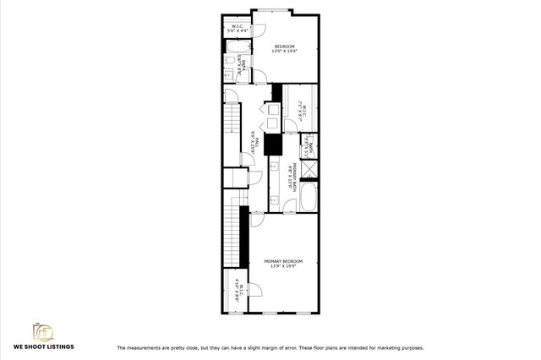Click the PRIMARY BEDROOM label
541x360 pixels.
pyautogui.click(x=282, y=261)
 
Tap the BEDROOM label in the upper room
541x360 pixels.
pyautogui.click(x=283, y=46)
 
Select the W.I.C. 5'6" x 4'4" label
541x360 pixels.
pyautogui.click(x=238, y=29)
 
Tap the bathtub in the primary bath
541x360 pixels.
pyautogui.click(x=309, y=199)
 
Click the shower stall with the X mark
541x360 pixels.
pyautogui.click(x=310, y=167)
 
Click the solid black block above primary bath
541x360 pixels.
pyautogui.click(x=273, y=142)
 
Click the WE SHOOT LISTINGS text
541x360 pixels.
pyautogui.click(x=42, y=346)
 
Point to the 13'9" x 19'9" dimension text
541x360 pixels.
pyautogui.click(x=282, y=267)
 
